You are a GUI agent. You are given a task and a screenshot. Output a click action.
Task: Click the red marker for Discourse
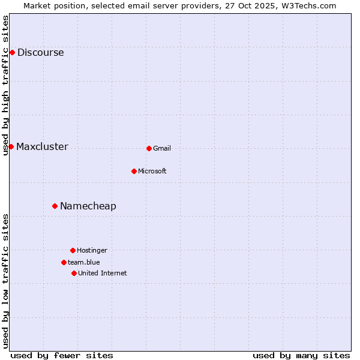[x=12, y=52]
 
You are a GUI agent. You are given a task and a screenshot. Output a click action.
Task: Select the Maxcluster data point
[x=11, y=146]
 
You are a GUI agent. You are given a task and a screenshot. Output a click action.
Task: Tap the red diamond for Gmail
[x=149, y=148]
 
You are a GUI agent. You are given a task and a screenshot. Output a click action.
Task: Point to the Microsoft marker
[x=134, y=171]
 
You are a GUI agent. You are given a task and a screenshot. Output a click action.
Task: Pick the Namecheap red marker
[x=55, y=206]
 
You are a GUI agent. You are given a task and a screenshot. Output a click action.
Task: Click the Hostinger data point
[x=73, y=250]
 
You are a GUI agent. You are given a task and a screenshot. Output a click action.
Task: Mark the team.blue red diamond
[x=64, y=262]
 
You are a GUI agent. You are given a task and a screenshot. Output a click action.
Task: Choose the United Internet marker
[x=74, y=273]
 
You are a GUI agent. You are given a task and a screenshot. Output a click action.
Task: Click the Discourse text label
[x=41, y=53]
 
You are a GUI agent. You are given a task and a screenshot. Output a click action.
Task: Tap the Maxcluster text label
[x=42, y=147]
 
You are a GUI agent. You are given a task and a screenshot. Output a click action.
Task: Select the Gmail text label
[x=162, y=149]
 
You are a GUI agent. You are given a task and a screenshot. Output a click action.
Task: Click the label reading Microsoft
[x=152, y=172]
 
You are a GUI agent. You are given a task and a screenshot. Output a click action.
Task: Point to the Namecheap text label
[x=88, y=206]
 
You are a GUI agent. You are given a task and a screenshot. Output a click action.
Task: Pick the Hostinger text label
[x=92, y=251]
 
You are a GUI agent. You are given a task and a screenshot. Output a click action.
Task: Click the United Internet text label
[x=103, y=274]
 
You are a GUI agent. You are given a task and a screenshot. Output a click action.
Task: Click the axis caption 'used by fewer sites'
[x=62, y=355]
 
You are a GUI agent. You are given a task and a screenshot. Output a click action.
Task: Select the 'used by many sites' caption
[x=301, y=355]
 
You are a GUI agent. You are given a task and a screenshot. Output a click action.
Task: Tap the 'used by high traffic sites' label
[x=6, y=85]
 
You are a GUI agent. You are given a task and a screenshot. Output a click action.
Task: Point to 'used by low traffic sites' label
[x=6, y=281]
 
